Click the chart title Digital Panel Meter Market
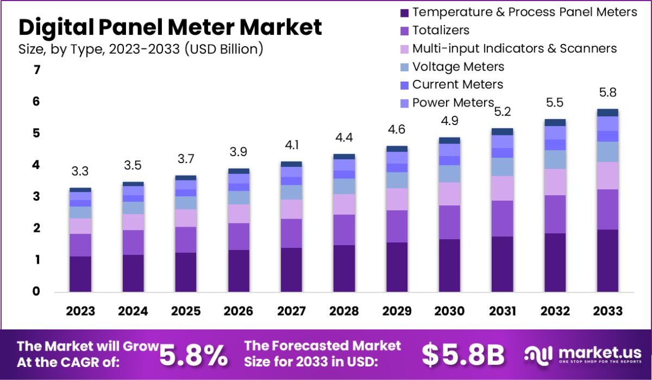(170, 27)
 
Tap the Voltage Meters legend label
(458, 67)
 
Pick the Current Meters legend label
(457, 84)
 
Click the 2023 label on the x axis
(80, 311)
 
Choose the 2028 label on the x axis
(344, 311)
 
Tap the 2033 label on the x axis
(607, 311)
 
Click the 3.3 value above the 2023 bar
(80, 172)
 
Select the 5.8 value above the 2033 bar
(607, 93)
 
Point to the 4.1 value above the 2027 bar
(291, 146)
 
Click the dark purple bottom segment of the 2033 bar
(607, 261)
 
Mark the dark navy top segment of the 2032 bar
(555, 122)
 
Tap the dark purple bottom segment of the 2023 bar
(80, 275)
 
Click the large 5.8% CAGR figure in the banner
(194, 354)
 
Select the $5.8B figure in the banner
(463, 354)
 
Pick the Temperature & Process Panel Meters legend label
(524, 12)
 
